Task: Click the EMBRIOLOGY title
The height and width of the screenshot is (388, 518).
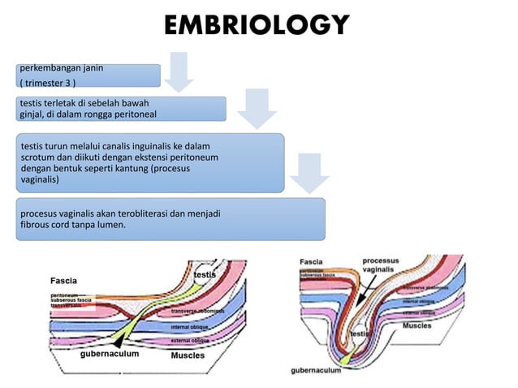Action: point(257,24)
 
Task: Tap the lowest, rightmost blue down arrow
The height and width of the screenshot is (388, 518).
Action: point(306,172)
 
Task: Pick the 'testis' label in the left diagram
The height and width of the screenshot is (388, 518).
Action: point(204,276)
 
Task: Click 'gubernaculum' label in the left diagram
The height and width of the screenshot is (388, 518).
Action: point(111,355)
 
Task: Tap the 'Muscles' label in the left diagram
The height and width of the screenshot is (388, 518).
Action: point(188,356)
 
